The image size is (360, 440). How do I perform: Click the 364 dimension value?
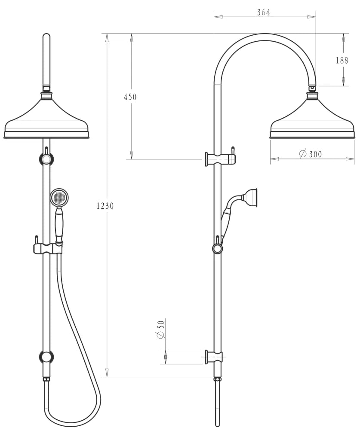pos(263,12)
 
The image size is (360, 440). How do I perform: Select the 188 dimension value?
pos(342,60)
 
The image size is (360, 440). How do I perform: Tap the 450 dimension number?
pos(130,97)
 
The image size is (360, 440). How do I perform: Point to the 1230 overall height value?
pos(105,206)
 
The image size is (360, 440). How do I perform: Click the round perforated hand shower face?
pos(59,198)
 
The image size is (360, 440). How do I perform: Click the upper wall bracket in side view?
pos(220,159)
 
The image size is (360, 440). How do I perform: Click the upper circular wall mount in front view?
pos(47,159)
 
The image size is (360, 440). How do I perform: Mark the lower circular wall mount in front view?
pos(46,357)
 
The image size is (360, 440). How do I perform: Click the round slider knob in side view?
pos(218,249)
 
